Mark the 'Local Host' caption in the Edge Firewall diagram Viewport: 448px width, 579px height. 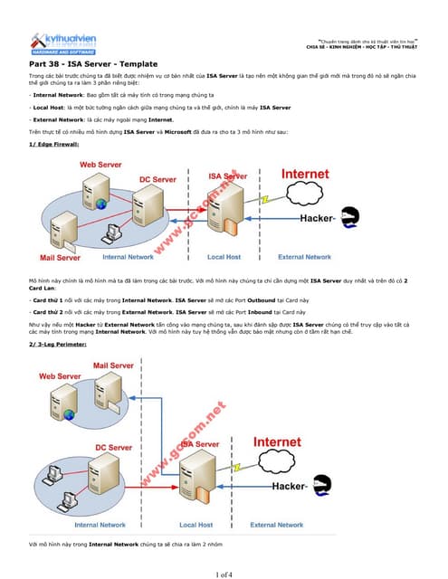224,257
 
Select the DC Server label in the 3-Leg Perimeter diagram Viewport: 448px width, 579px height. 113,447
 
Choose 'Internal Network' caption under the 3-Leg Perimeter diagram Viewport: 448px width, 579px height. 100,525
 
